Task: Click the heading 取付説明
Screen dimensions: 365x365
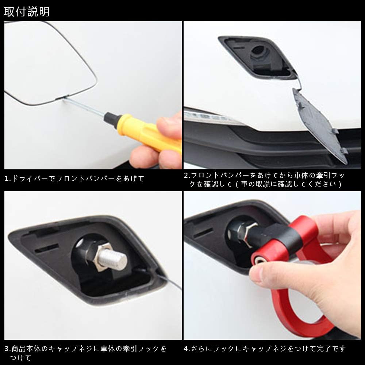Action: pyautogui.click(x=27, y=12)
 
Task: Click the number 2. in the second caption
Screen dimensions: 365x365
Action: pyautogui.click(x=187, y=176)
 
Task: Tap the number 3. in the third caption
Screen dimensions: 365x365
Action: pyautogui.click(x=8, y=349)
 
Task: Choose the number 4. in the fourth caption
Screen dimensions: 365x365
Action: pyautogui.click(x=187, y=349)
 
